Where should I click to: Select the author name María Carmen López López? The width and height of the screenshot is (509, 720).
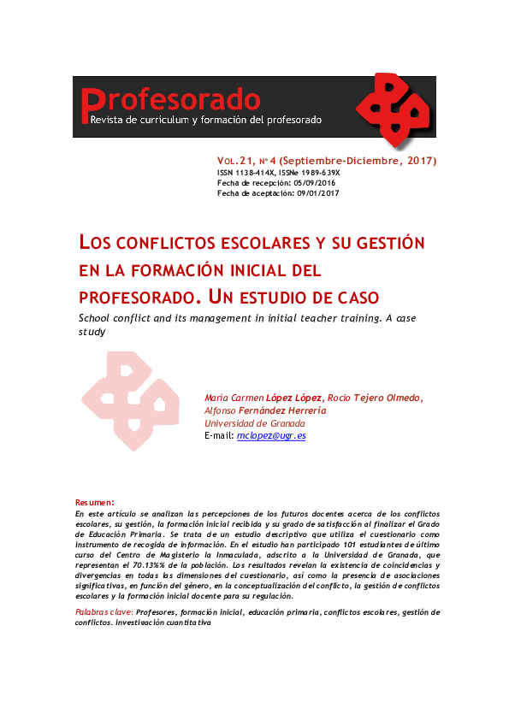(x=263, y=398)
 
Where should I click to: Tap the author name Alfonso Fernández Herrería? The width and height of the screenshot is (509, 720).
(x=265, y=410)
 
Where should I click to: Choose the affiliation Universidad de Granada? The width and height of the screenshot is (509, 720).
(x=255, y=423)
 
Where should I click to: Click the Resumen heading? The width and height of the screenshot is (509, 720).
(x=94, y=502)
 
